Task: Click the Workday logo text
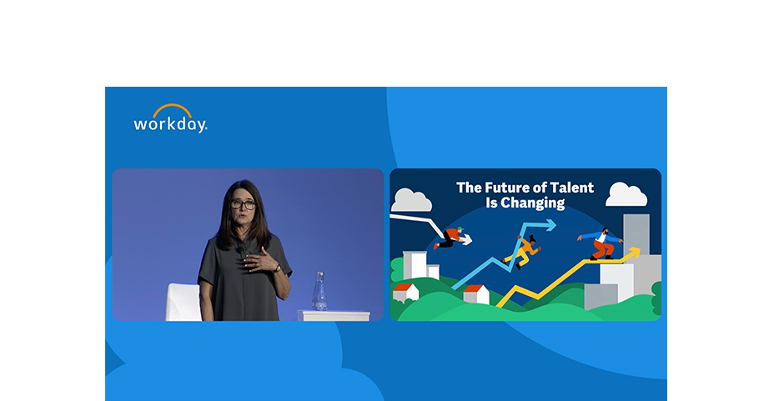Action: pos(170,124)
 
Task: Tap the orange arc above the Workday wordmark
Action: pos(173,107)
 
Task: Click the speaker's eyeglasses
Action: pos(243,204)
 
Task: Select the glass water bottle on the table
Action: pos(320,291)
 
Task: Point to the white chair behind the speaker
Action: pos(183,303)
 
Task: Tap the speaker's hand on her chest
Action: pos(259,260)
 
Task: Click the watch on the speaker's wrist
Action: pos(278,268)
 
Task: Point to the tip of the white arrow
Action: pos(471,241)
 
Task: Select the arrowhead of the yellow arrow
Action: pos(634,253)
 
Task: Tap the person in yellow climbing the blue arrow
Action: pos(522,252)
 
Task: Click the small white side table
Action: pos(334,316)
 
